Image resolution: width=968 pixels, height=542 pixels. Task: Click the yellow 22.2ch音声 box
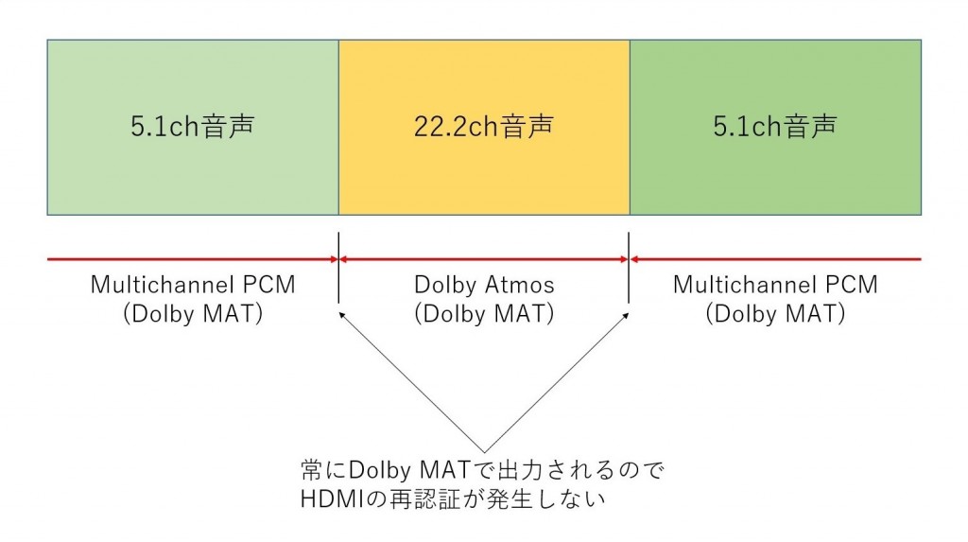tap(484, 128)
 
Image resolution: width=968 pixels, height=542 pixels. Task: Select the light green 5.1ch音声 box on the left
tap(193, 128)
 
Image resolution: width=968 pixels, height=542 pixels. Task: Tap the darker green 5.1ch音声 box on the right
tap(775, 128)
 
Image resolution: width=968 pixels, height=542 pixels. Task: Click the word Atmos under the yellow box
tap(519, 285)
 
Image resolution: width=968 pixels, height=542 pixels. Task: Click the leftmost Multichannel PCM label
tap(193, 285)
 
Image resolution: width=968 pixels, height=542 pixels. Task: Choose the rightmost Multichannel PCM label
tap(775, 285)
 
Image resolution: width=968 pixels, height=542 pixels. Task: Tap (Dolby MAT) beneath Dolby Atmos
tap(484, 314)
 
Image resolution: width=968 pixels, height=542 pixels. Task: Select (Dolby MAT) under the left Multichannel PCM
tap(193, 314)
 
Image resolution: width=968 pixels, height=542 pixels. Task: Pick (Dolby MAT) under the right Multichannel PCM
tap(775, 314)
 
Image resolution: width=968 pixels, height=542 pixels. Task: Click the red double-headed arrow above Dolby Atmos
tap(484, 259)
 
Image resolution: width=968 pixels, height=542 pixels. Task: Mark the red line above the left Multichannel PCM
tap(193, 259)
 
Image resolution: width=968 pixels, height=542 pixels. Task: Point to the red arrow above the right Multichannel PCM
tap(775, 259)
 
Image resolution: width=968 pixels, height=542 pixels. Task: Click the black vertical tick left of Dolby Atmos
tap(339, 268)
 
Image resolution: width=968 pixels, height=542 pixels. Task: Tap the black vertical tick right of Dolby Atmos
tap(629, 268)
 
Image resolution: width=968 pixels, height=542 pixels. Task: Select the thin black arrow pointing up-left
tap(412, 382)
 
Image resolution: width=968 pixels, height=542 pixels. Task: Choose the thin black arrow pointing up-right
tap(556, 382)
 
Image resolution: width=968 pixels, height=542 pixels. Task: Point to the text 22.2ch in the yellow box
tap(456, 127)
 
